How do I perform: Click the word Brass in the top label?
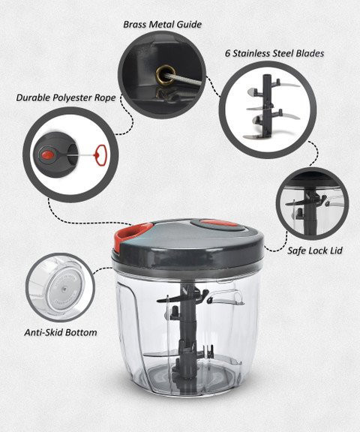pos(134,25)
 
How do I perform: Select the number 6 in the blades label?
pos(227,53)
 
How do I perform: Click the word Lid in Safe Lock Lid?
pos(336,250)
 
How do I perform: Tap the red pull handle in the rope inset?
pos(100,155)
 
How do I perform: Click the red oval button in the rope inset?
pos(48,154)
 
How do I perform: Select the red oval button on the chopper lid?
pos(219,223)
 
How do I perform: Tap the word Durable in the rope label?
pos(34,97)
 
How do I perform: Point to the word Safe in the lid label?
pos(295,250)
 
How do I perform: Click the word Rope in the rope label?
pos(105,98)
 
